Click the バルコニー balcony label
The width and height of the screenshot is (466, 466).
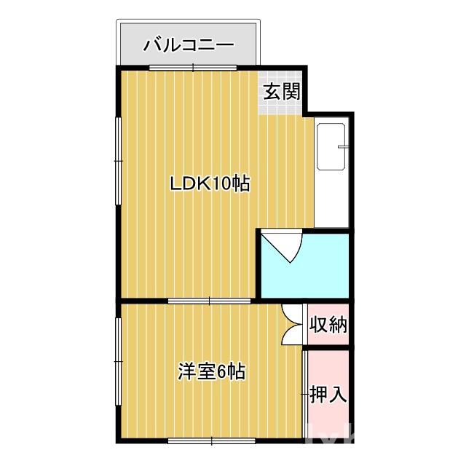189,44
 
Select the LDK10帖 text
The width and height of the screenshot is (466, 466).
210,183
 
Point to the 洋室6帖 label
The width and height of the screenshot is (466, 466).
211,372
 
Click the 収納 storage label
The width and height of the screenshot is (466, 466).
328,324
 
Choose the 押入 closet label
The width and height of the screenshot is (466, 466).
328,394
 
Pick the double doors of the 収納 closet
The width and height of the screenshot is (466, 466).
290,323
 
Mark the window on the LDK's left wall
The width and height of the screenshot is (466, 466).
117,154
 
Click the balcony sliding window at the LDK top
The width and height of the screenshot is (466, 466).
193,68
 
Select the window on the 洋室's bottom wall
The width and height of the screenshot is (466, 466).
211,440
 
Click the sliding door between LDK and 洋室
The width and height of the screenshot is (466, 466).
210,300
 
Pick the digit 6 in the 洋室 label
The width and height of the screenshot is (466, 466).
218,372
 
